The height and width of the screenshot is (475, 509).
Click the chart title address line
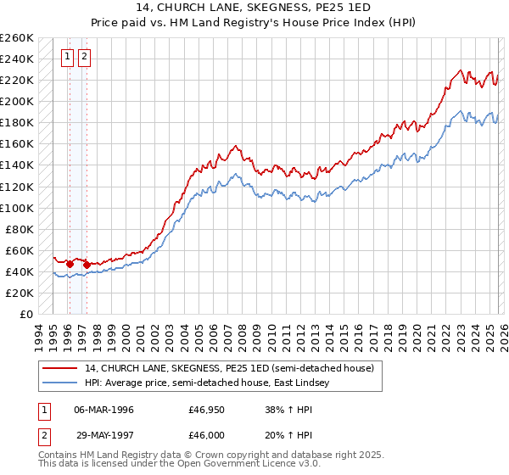tap(255, 7)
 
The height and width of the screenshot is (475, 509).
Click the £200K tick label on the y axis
tap(17, 102)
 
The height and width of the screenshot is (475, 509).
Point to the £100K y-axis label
tap(17, 208)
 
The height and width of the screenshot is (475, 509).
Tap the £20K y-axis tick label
tap(20, 293)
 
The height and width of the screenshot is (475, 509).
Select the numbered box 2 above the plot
tap(85, 58)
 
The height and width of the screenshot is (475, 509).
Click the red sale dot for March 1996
tap(70, 264)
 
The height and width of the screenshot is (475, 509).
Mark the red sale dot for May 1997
tap(87, 265)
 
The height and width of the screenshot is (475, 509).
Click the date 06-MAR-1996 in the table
tap(103, 410)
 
